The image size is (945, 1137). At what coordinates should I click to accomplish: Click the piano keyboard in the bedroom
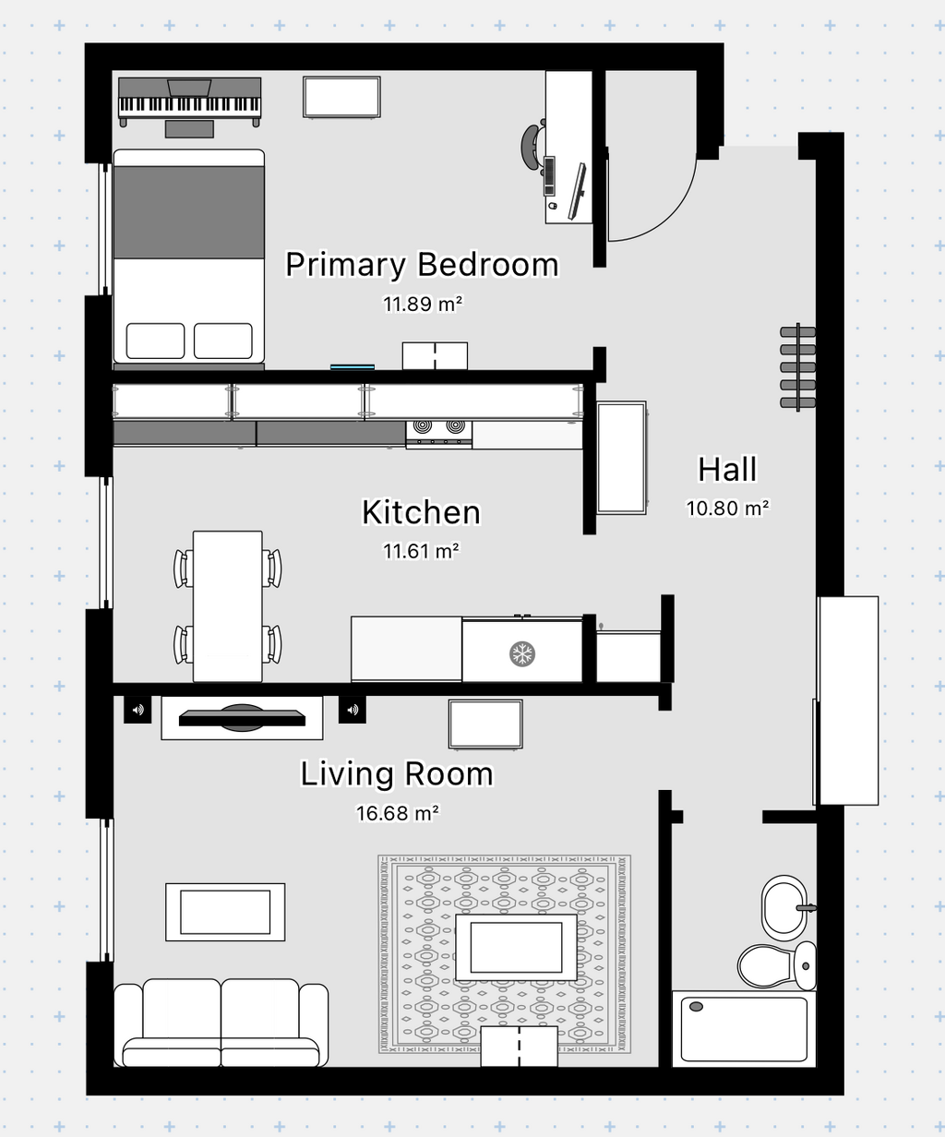coord(189,102)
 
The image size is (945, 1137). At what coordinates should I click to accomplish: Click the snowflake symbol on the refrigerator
coord(522,653)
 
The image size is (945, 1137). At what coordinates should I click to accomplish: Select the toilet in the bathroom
coord(777,966)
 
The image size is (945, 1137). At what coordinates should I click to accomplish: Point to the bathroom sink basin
coord(784,908)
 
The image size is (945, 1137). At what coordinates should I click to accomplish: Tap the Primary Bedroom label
coord(422,265)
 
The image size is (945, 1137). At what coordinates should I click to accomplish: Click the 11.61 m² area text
coord(421,551)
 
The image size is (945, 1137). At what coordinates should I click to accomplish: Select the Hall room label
coord(727,470)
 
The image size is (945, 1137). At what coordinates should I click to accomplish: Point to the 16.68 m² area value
coord(398,813)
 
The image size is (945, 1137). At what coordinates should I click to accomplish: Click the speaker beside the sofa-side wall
coord(138,710)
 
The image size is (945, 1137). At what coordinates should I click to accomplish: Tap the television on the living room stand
coord(242,718)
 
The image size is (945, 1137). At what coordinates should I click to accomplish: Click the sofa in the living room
coord(221,1023)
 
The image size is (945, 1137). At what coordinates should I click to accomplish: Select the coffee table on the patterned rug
coord(516,947)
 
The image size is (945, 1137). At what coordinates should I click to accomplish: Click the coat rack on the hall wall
coord(797,367)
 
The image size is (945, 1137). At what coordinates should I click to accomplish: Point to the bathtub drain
coord(696,1006)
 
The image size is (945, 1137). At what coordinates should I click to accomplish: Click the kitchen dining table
coord(228,606)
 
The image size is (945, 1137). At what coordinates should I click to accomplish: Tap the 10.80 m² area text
coord(728,509)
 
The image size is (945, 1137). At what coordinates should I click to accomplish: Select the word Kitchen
coord(421,512)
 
